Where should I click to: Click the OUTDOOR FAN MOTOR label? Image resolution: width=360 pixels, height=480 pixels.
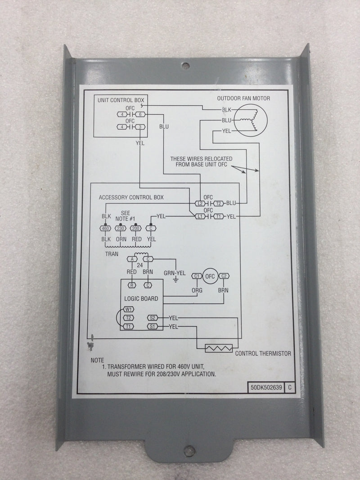click(246, 99)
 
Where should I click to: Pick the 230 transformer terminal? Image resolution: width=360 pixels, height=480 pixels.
click(121, 228)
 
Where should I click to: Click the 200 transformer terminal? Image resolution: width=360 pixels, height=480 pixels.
click(135, 228)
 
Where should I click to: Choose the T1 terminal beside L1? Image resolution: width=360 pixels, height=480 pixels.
click(219, 216)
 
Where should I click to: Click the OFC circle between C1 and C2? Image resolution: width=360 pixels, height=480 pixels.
click(209, 276)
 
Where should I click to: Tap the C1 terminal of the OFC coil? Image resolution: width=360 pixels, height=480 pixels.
click(196, 276)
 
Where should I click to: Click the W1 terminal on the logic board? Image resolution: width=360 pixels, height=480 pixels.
click(129, 309)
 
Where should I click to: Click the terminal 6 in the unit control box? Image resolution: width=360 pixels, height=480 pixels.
click(140, 115)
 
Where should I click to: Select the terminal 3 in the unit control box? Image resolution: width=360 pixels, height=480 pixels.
click(140, 128)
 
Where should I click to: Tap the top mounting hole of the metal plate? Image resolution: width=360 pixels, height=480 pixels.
click(185, 65)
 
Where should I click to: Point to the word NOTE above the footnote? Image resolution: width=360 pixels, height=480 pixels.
click(97, 360)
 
